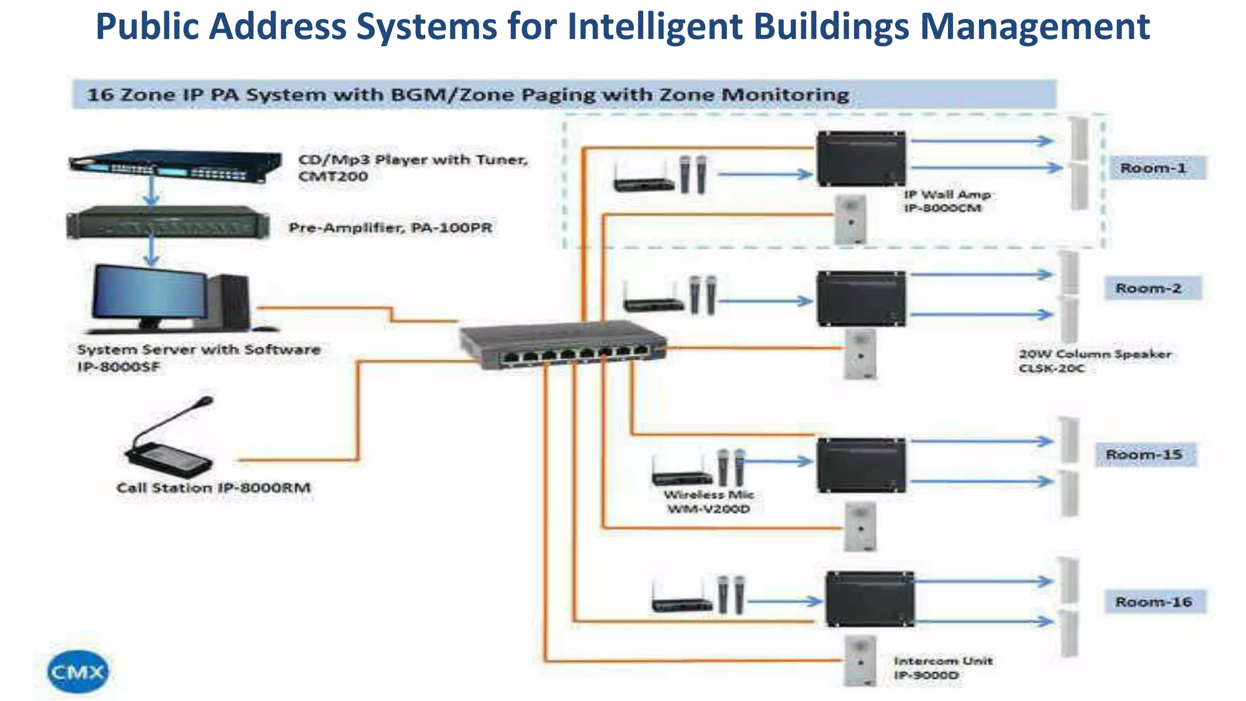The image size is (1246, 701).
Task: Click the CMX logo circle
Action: point(77,672)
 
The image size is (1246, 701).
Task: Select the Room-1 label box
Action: point(1154,168)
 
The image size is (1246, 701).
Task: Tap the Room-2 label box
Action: point(1149,288)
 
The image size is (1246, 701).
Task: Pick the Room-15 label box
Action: point(1144,455)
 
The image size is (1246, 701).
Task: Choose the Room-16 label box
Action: point(1154,602)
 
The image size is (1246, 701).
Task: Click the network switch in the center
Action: point(563,344)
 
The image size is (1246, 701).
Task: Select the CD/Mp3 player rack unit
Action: point(175,166)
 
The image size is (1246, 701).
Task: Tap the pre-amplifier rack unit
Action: point(168,223)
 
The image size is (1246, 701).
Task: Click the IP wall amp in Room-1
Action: point(860,158)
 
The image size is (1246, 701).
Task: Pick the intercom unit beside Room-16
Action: point(860,660)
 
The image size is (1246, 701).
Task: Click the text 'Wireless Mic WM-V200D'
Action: point(709,501)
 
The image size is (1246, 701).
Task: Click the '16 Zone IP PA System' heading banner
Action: point(468,95)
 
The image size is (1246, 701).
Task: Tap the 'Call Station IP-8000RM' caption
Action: point(214,488)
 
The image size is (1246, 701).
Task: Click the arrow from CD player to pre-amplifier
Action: point(151,192)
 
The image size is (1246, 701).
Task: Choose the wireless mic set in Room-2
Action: point(669,296)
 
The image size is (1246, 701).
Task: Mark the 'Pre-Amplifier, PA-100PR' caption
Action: point(390,228)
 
